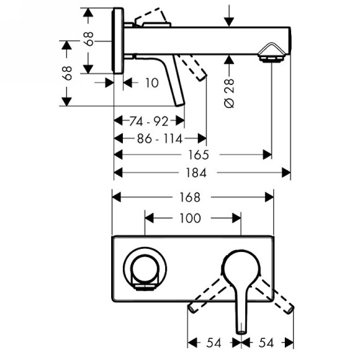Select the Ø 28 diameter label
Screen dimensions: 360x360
(x=230, y=93)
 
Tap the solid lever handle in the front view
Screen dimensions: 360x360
(x=240, y=279)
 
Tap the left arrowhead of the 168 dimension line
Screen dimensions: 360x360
(x=116, y=197)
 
